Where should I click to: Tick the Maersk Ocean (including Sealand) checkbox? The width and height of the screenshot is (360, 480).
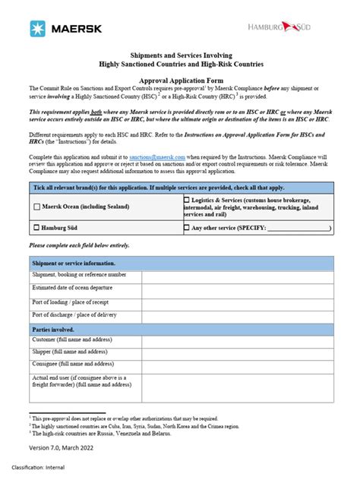tap(36, 206)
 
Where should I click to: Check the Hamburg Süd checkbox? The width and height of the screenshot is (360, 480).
tap(36, 227)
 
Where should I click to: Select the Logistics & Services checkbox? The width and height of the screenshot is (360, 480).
tap(187, 199)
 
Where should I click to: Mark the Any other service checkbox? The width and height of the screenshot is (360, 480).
tap(187, 227)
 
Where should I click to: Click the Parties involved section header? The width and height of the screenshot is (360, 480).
tap(53, 329)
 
